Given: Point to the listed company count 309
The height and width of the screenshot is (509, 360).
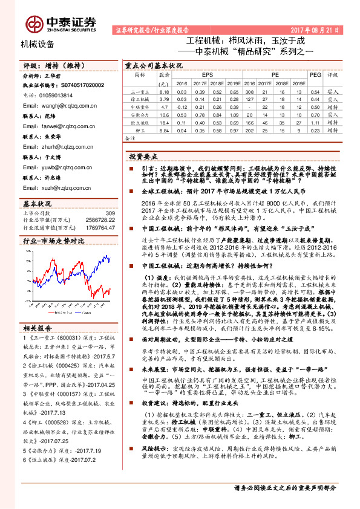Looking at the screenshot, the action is [x=110, y=213].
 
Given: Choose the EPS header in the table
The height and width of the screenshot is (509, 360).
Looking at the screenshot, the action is [x=208, y=74].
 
